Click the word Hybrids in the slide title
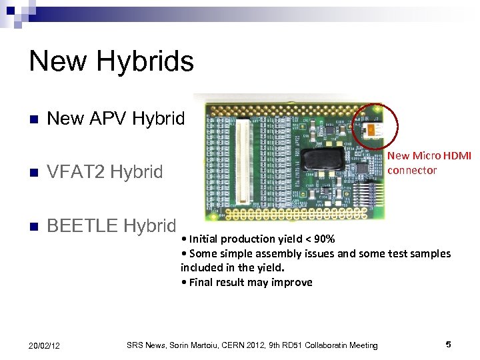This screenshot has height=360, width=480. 144,62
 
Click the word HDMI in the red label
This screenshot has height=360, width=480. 457,155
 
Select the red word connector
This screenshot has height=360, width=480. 412,170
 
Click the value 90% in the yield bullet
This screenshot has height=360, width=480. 323,239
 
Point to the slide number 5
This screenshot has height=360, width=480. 448,345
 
